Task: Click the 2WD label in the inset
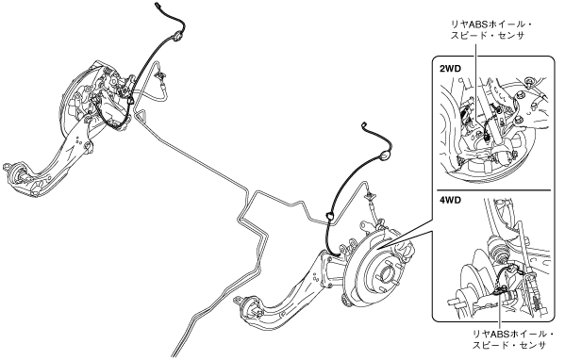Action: click(x=450, y=69)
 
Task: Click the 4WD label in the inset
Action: click(x=450, y=201)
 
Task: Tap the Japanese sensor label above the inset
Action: click(x=491, y=30)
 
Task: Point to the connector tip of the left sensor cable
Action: click(x=158, y=5)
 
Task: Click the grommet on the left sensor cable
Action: click(x=177, y=37)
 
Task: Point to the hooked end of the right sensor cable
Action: click(x=364, y=125)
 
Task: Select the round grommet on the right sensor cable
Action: click(x=385, y=155)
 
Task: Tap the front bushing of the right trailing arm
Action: click(x=249, y=308)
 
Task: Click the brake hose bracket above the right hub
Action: click(x=370, y=196)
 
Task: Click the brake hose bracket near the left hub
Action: click(x=159, y=75)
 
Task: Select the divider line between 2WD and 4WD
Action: click(x=494, y=189)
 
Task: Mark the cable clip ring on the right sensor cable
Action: click(x=329, y=217)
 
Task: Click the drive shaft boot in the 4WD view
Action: click(x=496, y=248)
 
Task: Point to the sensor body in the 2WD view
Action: click(x=487, y=137)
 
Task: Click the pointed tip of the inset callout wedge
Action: click(x=375, y=249)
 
